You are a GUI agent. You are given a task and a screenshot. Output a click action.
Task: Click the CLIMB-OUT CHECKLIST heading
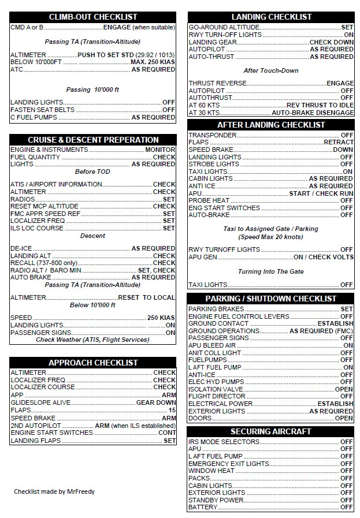pos(93,17)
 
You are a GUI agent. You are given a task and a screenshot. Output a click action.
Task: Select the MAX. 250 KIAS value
pos(153,62)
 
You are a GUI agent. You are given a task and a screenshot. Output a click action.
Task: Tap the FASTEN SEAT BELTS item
pos(42,110)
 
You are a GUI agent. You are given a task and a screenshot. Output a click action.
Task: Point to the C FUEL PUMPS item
pos(34,117)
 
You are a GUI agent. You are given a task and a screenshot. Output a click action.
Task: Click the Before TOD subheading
pos(92,172)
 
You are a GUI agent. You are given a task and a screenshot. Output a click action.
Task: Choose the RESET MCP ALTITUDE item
pos(44,206)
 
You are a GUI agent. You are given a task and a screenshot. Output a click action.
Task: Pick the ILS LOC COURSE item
pos(36,228)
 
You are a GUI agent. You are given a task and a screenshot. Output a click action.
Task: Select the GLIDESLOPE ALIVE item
pos(40,403)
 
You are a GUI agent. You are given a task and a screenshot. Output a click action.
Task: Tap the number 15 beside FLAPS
pos(172,410)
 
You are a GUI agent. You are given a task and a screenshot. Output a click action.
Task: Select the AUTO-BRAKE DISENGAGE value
pos(313,113)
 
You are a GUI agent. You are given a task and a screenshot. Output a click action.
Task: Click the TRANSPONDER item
pos(213,135)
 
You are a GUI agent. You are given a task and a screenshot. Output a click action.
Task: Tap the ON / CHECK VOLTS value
pos(323,257)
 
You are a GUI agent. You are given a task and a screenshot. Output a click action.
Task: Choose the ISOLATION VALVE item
pos(216,389)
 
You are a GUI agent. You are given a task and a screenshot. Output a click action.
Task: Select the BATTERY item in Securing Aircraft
pos(203,507)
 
